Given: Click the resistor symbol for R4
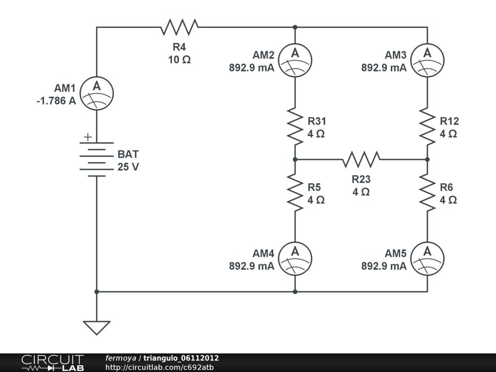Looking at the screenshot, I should click(x=179, y=27).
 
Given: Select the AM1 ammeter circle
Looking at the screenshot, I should click(x=96, y=93).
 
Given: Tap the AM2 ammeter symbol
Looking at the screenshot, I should click(x=295, y=60).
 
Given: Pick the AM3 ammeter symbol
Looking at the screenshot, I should click(x=427, y=60).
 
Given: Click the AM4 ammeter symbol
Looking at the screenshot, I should click(x=295, y=259).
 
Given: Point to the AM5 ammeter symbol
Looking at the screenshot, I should click(x=427, y=259).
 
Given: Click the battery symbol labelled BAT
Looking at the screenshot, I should click(x=97, y=159).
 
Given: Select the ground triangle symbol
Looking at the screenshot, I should click(x=96, y=327).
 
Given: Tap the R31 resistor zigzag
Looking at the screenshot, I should click(x=295, y=126).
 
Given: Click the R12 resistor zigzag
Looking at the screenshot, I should click(x=427, y=126).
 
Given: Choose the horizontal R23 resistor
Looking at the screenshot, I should click(x=361, y=159).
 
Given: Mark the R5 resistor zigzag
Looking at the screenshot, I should click(x=295, y=192).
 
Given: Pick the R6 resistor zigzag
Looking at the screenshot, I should click(x=427, y=192).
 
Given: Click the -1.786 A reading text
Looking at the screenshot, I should click(x=56, y=101).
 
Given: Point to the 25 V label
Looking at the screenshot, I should click(x=128, y=168).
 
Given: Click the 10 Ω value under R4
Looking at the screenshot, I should click(x=179, y=60).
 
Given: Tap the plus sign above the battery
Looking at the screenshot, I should click(x=87, y=137).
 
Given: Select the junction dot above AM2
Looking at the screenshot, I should click(x=295, y=27).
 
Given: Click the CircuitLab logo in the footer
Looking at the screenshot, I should click(x=52, y=362).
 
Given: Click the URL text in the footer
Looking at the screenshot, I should click(x=159, y=367).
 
